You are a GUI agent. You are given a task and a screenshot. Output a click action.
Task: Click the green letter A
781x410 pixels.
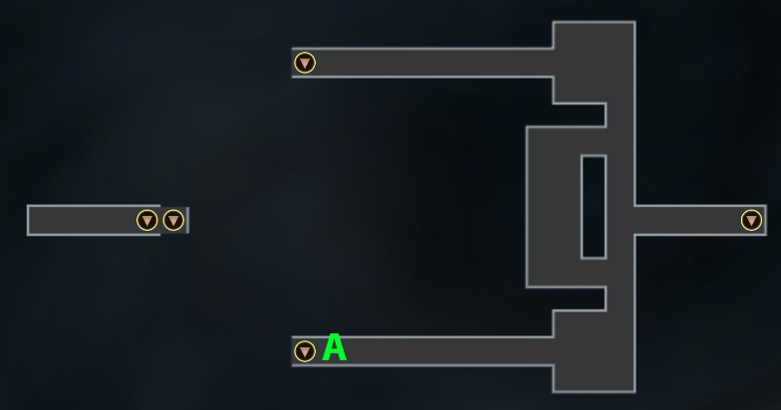(x=335, y=347)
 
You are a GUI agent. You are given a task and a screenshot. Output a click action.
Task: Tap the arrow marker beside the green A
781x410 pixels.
(x=305, y=351)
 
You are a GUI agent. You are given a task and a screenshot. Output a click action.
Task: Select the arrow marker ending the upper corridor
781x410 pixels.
(x=305, y=64)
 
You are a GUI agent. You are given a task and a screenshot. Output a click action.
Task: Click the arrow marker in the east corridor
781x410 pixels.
(x=751, y=221)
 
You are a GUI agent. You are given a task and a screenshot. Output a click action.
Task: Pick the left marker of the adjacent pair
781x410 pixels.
(x=147, y=221)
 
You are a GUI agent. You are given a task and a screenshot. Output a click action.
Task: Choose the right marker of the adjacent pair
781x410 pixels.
(x=173, y=221)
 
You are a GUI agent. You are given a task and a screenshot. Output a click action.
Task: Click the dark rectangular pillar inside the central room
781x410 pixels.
(x=594, y=207)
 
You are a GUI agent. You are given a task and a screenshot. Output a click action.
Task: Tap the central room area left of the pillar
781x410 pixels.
(x=554, y=207)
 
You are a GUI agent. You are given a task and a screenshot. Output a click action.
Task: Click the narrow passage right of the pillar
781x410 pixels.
(x=621, y=207)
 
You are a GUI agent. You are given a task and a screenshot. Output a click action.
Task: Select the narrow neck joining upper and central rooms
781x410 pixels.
(x=621, y=115)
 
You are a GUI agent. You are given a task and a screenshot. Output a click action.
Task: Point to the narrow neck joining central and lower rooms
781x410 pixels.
(x=621, y=299)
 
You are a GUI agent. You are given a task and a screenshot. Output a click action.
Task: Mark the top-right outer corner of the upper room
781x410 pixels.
(x=636, y=22)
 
